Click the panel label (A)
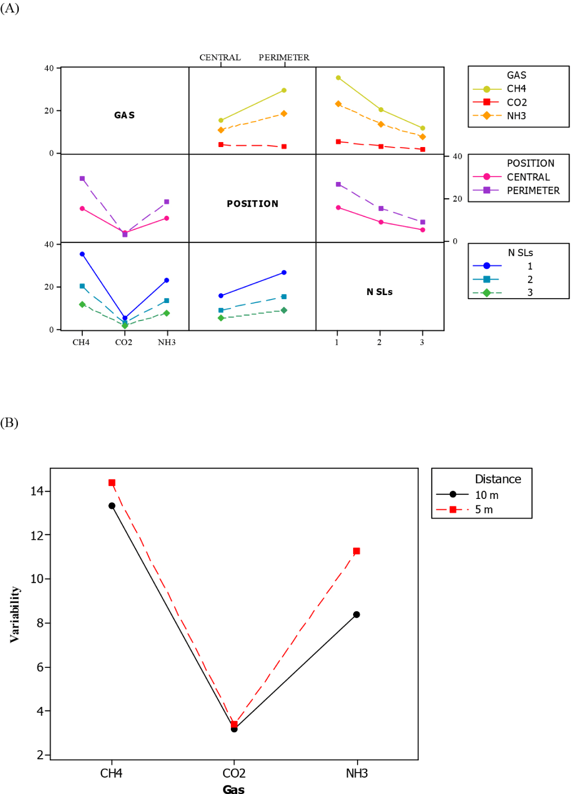point(9,8)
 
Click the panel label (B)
point(9,423)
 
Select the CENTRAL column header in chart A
point(220,57)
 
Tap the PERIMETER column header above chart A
point(284,57)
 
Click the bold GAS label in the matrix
point(124,115)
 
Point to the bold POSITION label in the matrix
point(252,204)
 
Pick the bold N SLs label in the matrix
point(380,292)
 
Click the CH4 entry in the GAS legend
point(516,89)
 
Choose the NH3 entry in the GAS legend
point(516,116)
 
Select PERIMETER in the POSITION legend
point(533,190)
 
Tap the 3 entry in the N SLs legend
point(530,293)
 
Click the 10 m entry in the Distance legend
point(486,495)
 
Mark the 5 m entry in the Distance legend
point(484,509)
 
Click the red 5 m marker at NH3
point(357,551)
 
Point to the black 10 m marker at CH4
point(112,506)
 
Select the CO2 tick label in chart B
point(234,773)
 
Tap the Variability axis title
point(15,614)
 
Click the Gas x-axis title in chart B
point(233,789)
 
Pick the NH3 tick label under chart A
point(167,342)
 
